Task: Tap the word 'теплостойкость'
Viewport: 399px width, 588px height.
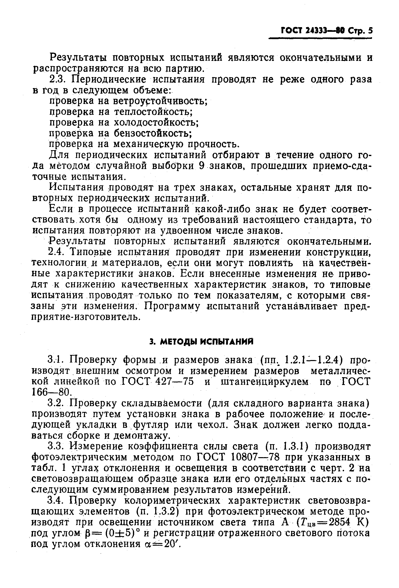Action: (x=153, y=112)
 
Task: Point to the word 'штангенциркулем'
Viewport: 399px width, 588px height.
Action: (x=264, y=381)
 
